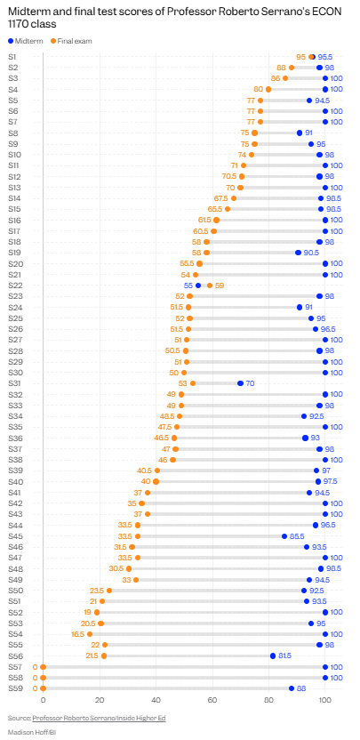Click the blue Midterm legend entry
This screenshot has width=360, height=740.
[26, 41]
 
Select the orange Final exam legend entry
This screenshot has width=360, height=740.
[71, 41]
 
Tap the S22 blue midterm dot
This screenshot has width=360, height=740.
[198, 285]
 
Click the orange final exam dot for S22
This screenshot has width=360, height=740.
[210, 285]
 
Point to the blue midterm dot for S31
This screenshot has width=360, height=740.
[240, 383]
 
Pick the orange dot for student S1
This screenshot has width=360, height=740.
[311, 57]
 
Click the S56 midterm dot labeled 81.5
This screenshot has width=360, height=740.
[273, 656]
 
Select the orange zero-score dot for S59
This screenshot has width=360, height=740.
[43, 688]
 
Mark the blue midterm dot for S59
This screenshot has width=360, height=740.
[292, 688]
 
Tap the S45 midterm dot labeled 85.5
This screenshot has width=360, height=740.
[284, 536]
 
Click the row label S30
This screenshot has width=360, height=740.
[13, 373]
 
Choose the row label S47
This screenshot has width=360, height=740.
[13, 558]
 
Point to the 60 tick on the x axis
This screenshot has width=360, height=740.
[212, 701]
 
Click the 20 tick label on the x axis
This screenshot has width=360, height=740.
[100, 701]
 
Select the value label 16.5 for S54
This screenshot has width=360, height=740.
[78, 634]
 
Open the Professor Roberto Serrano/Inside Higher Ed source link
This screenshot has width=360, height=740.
[99, 718]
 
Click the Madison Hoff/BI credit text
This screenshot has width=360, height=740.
[28, 732]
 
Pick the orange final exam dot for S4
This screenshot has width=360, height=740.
[268, 89]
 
